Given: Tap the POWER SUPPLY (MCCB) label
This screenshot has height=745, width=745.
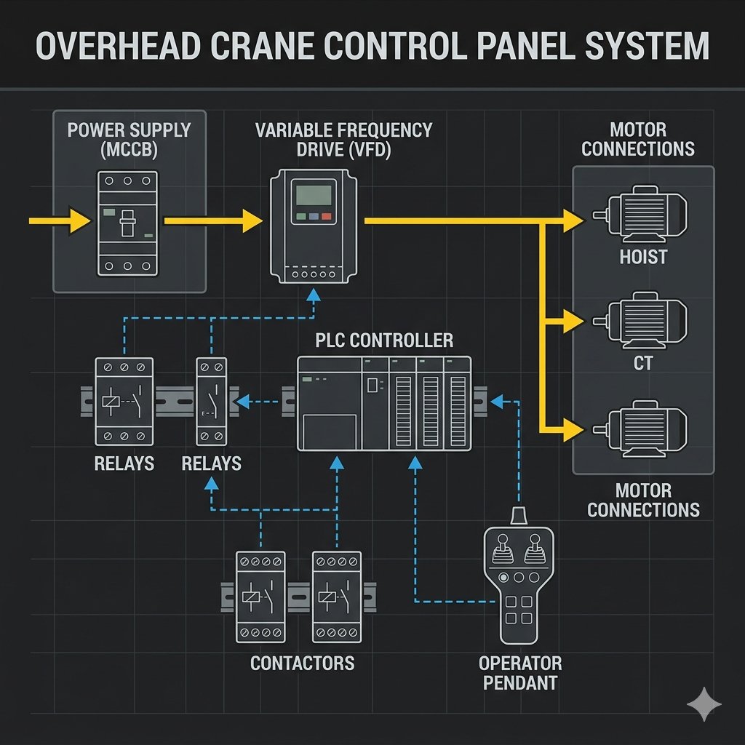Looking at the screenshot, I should tap(129, 140).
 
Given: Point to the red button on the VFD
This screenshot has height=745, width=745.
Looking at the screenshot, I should tap(326, 217).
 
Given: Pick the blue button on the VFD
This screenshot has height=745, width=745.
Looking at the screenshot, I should tap(313, 217).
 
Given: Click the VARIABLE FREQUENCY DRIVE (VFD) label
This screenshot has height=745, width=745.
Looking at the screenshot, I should tap(343, 140).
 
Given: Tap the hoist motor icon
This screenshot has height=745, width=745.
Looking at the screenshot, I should tap(640, 215).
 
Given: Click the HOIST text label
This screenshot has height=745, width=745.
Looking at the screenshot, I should tap(643, 258).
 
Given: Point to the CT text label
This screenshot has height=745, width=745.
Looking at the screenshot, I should tap(643, 362).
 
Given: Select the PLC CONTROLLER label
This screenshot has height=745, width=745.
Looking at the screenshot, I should tap(384, 340).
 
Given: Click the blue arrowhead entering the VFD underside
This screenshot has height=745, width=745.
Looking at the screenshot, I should tap(313, 293).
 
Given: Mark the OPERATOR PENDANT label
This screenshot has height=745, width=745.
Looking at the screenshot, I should tap(519, 673).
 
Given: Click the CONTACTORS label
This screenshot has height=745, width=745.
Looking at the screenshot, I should tap(302, 664).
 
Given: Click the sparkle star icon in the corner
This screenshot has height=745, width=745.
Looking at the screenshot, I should tap(704, 704).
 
